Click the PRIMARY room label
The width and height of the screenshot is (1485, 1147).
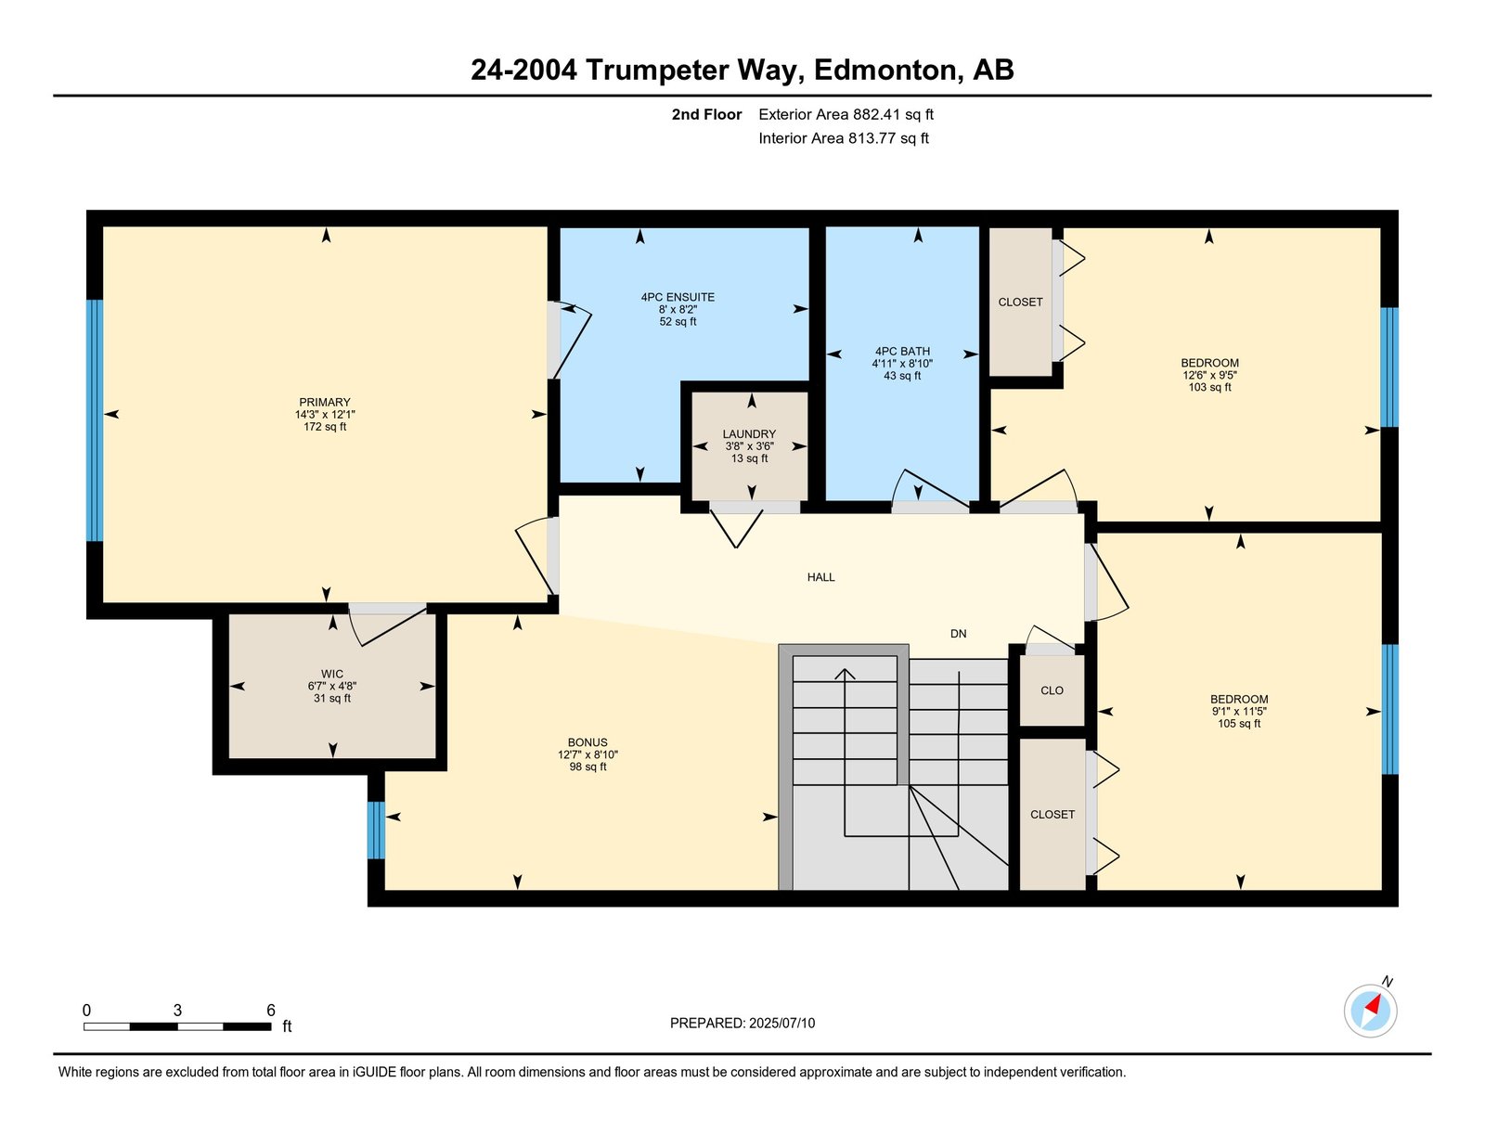[325, 403]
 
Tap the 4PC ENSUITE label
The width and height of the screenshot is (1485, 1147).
[678, 297]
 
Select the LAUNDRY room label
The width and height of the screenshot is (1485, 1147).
[750, 433]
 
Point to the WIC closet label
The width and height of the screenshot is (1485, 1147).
[332, 675]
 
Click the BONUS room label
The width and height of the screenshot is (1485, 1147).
[588, 742]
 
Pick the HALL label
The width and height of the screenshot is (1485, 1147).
[820, 577]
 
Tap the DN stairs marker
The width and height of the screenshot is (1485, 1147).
[958, 634]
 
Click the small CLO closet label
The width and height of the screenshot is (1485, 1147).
[1052, 690]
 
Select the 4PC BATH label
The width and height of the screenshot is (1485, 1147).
[902, 351]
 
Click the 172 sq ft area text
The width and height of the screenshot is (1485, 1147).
[325, 427]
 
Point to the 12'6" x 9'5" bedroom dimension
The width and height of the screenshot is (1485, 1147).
[1209, 375]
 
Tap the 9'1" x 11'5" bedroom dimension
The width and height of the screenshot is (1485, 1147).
[1239, 711]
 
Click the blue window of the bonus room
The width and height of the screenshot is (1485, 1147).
[376, 830]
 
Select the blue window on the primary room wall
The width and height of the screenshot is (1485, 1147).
[95, 420]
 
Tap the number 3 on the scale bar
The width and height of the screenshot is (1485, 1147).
[177, 1010]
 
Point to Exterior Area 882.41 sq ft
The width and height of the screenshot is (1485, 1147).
[846, 115]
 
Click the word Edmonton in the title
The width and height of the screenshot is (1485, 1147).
[885, 71]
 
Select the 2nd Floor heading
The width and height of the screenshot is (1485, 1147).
[706, 115]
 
